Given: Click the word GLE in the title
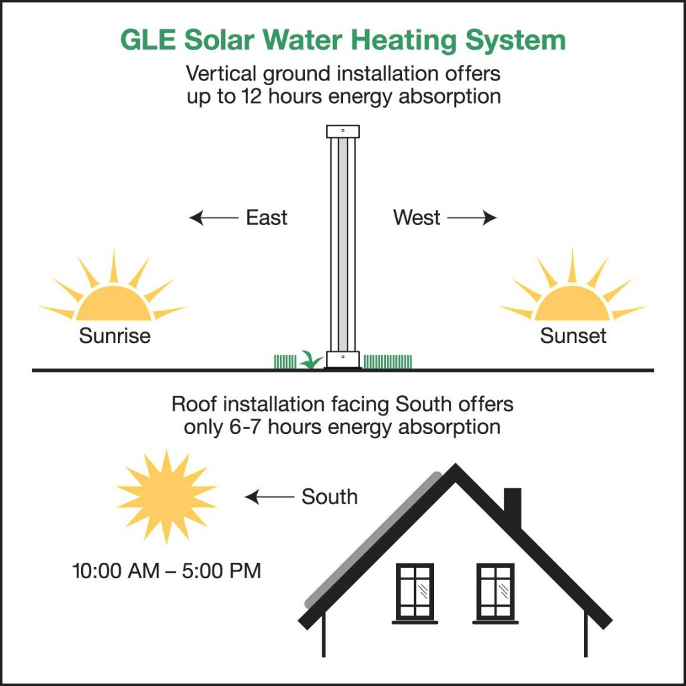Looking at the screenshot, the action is [148, 40].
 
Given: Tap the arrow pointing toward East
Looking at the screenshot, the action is [214, 218].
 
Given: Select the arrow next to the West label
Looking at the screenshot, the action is [472, 218].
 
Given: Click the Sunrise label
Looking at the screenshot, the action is [115, 336].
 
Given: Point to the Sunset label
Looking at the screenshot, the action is [573, 336].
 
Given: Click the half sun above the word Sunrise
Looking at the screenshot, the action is [114, 302].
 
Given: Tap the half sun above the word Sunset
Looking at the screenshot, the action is [572, 302].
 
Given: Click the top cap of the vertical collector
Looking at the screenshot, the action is [343, 131].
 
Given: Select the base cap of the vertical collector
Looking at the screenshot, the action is [343, 359].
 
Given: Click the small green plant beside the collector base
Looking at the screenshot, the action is [311, 360].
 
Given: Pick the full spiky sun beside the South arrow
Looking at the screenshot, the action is [166, 496].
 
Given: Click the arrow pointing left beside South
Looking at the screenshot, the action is [269, 497].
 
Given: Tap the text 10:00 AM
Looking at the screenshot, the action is [116, 571].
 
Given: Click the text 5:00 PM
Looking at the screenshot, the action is [221, 571].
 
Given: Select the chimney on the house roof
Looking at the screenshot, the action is [512, 508].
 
